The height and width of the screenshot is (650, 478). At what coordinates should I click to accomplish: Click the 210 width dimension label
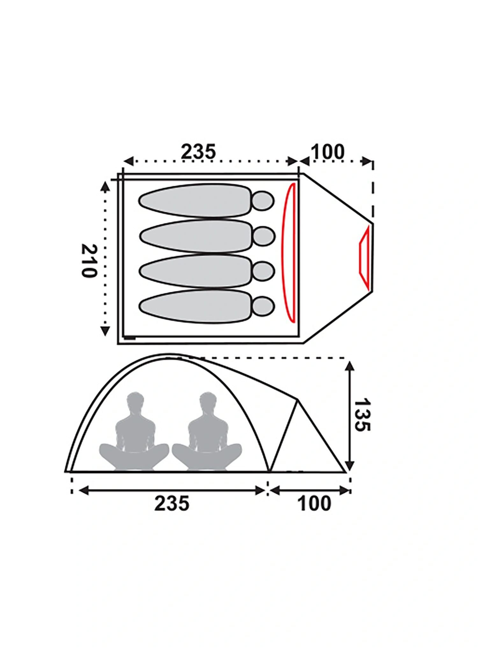coord(89,261)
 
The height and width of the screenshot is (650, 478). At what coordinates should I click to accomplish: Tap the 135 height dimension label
coord(362,415)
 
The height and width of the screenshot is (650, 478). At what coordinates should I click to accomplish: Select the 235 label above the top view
coord(199,152)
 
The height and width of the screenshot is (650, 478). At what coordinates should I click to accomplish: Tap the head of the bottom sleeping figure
coord(263,307)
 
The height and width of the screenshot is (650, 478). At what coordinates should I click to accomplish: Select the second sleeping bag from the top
coord(195,236)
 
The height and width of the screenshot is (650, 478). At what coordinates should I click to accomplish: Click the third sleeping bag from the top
coord(195,271)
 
